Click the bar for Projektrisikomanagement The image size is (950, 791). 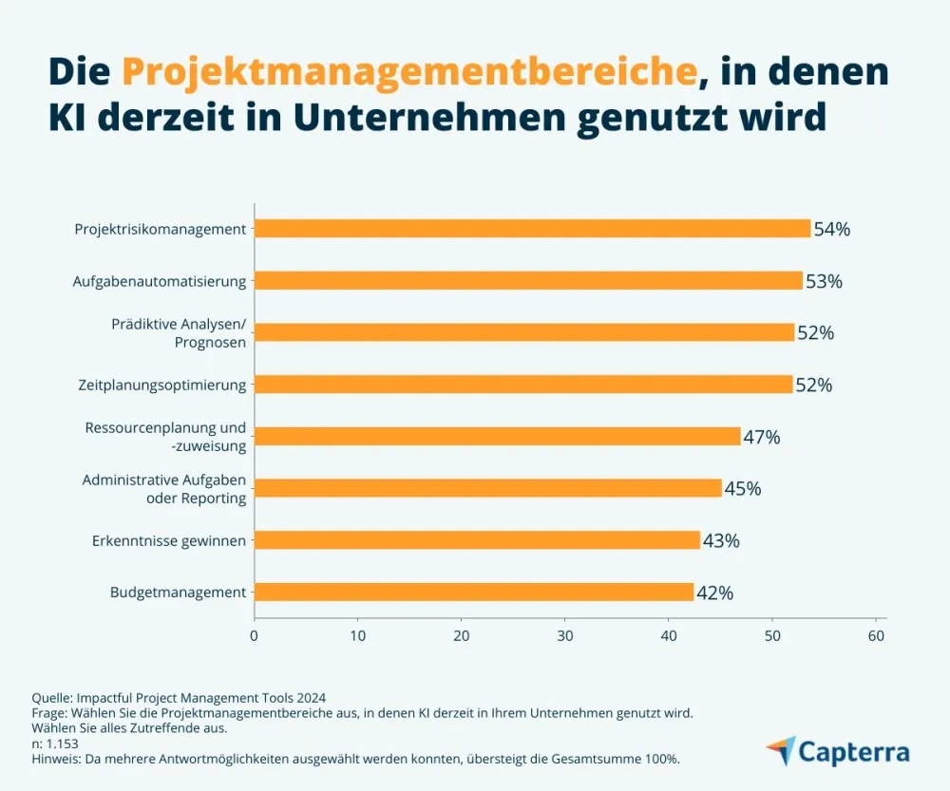tap(532, 229)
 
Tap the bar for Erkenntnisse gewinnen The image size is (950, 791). tap(477, 540)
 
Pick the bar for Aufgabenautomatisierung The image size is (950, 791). tap(528, 281)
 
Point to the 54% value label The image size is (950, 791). tap(832, 229)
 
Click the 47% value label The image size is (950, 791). tap(762, 437)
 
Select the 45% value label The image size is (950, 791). tap(743, 489)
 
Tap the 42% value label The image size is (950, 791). tap(714, 593)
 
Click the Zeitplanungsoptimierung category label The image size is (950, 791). tap(161, 385)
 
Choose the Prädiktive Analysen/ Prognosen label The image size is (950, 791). tap(179, 333)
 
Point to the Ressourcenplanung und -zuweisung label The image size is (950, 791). tap(165, 437)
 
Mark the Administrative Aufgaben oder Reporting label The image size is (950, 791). tap(164, 489)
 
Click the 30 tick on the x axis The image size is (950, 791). tap(565, 635)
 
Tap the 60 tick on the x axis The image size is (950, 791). tap(877, 635)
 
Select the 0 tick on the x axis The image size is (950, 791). tap(255, 635)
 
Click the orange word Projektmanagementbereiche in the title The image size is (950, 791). tap(409, 71)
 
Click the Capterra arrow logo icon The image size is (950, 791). tap(781, 750)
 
